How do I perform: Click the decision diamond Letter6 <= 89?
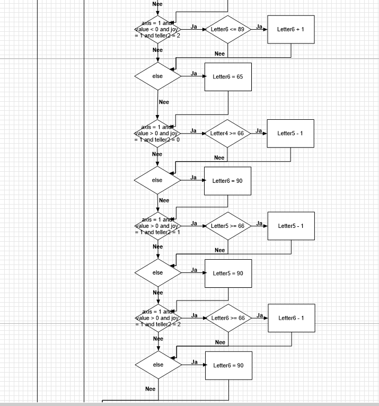[228, 29]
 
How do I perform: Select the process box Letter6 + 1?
[290, 29]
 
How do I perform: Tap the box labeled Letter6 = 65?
[227, 77]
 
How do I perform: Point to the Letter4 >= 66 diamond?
[227, 133]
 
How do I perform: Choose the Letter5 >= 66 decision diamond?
[227, 226]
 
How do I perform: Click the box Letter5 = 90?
[228, 273]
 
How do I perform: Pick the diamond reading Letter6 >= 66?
[228, 318]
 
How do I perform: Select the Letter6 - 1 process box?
[291, 318]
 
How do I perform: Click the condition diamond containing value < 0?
[157, 29]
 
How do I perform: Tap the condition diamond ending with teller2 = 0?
[157, 134]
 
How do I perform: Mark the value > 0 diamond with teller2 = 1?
[157, 226]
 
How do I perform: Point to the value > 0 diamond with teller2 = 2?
[158, 318]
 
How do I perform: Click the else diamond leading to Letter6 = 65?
[157, 76]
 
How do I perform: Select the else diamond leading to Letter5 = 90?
[158, 272]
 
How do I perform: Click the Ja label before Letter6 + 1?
[259, 26]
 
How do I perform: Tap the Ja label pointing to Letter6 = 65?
[194, 73]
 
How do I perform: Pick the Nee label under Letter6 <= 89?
[219, 54]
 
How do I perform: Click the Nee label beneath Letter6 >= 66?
[220, 342]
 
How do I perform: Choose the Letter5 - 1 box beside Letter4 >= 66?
[290, 133]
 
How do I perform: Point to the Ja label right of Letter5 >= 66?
[259, 223]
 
